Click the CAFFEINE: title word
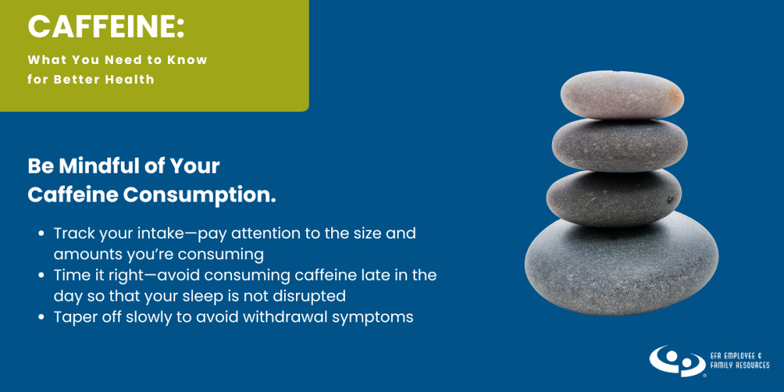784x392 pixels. pyautogui.click(x=106, y=27)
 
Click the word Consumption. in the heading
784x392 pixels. pyautogui.click(x=199, y=195)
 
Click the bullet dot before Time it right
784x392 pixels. pyautogui.click(x=42, y=275)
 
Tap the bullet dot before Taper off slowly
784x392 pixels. pyautogui.click(x=42, y=318)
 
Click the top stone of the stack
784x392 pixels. pyautogui.click(x=622, y=94)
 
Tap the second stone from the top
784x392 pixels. pyautogui.click(x=619, y=145)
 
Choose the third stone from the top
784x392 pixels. pyautogui.click(x=614, y=198)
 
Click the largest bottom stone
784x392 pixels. pyautogui.click(x=621, y=264)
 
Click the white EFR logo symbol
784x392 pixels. pyautogui.click(x=678, y=361)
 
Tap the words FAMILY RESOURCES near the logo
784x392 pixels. pyautogui.click(x=740, y=366)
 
